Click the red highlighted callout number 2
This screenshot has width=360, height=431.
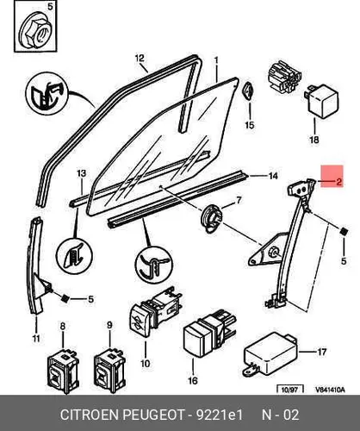[x=338, y=182]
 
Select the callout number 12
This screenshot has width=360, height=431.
[x=140, y=59]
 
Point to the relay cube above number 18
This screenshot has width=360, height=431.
[x=321, y=101]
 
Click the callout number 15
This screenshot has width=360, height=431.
[x=250, y=125]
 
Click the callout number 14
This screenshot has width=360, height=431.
[x=273, y=176]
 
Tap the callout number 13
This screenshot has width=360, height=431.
[x=82, y=173]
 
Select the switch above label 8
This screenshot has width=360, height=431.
[x=63, y=371]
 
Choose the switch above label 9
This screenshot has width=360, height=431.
[x=110, y=370]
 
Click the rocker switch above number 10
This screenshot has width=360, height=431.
[x=155, y=311]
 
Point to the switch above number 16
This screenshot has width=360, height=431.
[x=209, y=334]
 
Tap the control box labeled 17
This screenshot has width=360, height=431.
[x=270, y=354]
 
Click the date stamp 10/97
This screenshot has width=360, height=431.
[x=289, y=390]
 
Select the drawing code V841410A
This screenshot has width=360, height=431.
[x=330, y=390]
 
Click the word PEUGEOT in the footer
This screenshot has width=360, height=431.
[x=153, y=415]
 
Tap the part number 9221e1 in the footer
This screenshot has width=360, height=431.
[x=220, y=415]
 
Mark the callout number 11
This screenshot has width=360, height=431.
[x=36, y=339]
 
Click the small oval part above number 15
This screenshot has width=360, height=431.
[x=248, y=91]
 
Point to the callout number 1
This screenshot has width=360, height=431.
[x=216, y=60]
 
